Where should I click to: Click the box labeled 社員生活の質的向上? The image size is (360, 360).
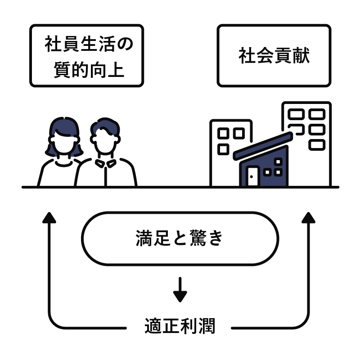(87, 56)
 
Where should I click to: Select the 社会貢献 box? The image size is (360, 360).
(274, 56)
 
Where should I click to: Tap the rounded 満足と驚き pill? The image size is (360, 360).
(180, 238)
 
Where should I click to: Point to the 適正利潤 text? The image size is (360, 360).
(180, 326)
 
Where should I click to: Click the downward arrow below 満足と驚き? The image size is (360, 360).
(180, 290)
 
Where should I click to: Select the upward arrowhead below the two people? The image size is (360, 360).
(49, 218)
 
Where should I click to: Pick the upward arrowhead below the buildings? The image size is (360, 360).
(309, 218)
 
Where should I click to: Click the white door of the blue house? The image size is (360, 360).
(253, 176)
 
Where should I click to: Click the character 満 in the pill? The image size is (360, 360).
(143, 238)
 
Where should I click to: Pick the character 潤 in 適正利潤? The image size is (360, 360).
(207, 326)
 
